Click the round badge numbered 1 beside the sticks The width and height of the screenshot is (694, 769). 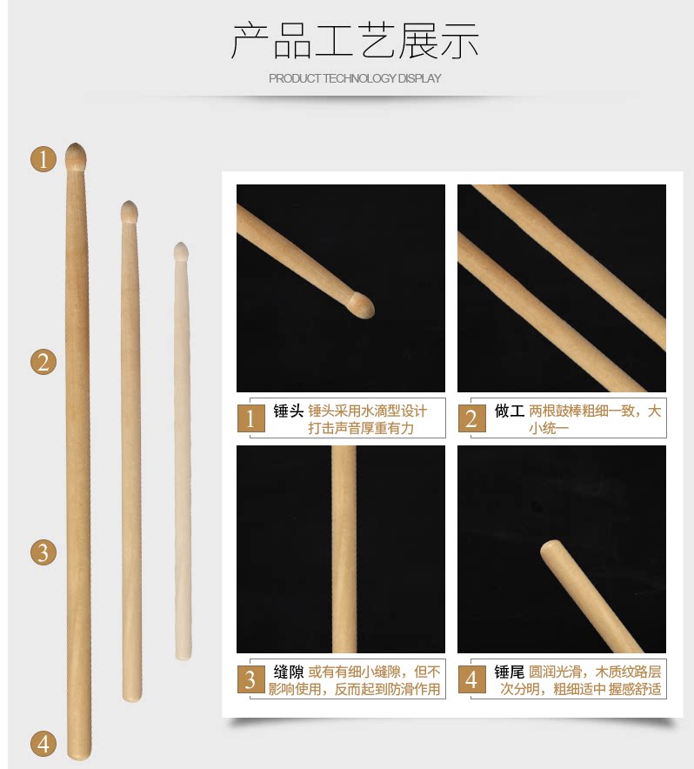pyautogui.click(x=43, y=159)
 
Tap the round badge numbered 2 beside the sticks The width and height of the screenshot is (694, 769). pyautogui.click(x=43, y=363)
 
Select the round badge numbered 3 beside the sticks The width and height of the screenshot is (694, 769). pyautogui.click(x=43, y=552)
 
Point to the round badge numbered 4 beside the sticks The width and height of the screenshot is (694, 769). pyautogui.click(x=43, y=744)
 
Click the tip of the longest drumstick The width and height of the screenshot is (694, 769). pyautogui.click(x=76, y=144)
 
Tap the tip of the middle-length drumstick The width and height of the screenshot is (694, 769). pyautogui.click(x=130, y=201)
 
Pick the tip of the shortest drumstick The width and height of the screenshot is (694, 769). pyautogui.click(x=182, y=243)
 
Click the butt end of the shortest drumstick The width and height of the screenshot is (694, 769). pyautogui.click(x=184, y=659)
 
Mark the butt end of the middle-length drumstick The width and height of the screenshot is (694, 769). pyautogui.click(x=132, y=700)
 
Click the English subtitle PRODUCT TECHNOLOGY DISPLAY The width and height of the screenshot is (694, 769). pyautogui.click(x=355, y=78)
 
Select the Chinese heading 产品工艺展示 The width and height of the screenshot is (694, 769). pyautogui.click(x=355, y=41)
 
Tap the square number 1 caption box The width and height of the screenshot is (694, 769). pyautogui.click(x=250, y=418)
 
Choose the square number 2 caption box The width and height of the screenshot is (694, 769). pyautogui.click(x=472, y=418)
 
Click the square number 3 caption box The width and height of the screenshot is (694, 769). pyautogui.click(x=250, y=679)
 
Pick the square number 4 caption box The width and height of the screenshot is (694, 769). pyautogui.click(x=472, y=679)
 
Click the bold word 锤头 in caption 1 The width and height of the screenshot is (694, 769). pyautogui.click(x=289, y=411)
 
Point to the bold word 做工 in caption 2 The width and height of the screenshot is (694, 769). pyautogui.click(x=510, y=411)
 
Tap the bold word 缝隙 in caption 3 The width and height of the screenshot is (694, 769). pyautogui.click(x=289, y=672)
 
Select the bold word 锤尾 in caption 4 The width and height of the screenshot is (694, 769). pyautogui.click(x=510, y=672)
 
